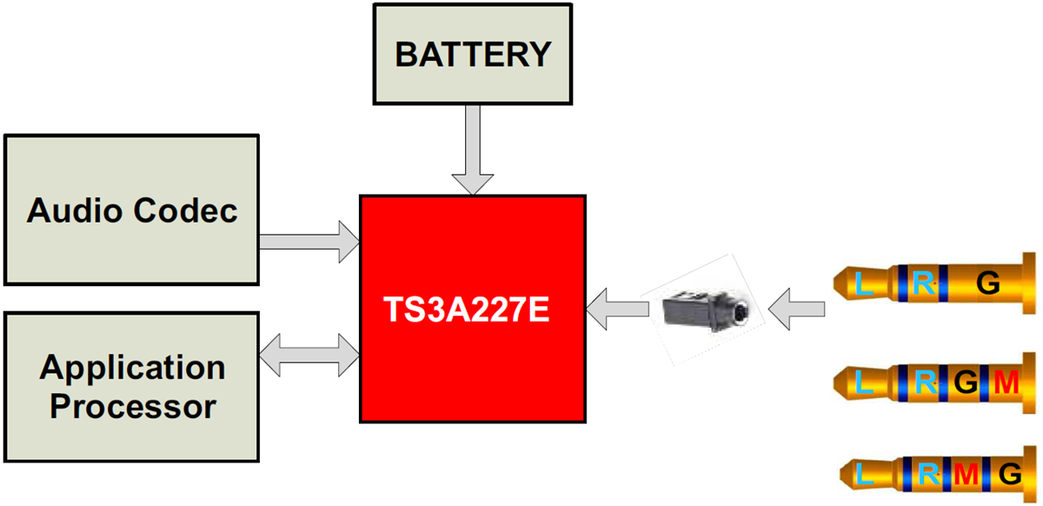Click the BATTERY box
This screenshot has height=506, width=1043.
pyautogui.click(x=473, y=54)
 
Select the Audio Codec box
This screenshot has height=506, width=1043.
pyautogui.click(x=132, y=210)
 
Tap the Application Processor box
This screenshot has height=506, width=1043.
pyautogui.click(x=132, y=387)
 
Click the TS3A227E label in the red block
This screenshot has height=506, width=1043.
pyautogui.click(x=468, y=310)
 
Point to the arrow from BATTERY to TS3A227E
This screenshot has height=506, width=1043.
pyautogui.click(x=473, y=148)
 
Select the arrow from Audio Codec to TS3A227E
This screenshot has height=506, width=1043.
pyautogui.click(x=309, y=241)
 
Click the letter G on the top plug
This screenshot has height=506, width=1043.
pyautogui.click(x=987, y=283)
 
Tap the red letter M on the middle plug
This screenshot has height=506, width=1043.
pyautogui.click(x=1005, y=382)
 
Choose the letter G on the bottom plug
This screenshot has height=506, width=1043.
pyautogui.click(x=1008, y=475)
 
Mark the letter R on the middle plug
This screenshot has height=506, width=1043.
pyautogui.click(x=927, y=382)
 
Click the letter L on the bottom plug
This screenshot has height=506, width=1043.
pyautogui.click(x=864, y=476)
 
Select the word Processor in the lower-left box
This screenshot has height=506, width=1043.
pyautogui.click(x=132, y=407)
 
